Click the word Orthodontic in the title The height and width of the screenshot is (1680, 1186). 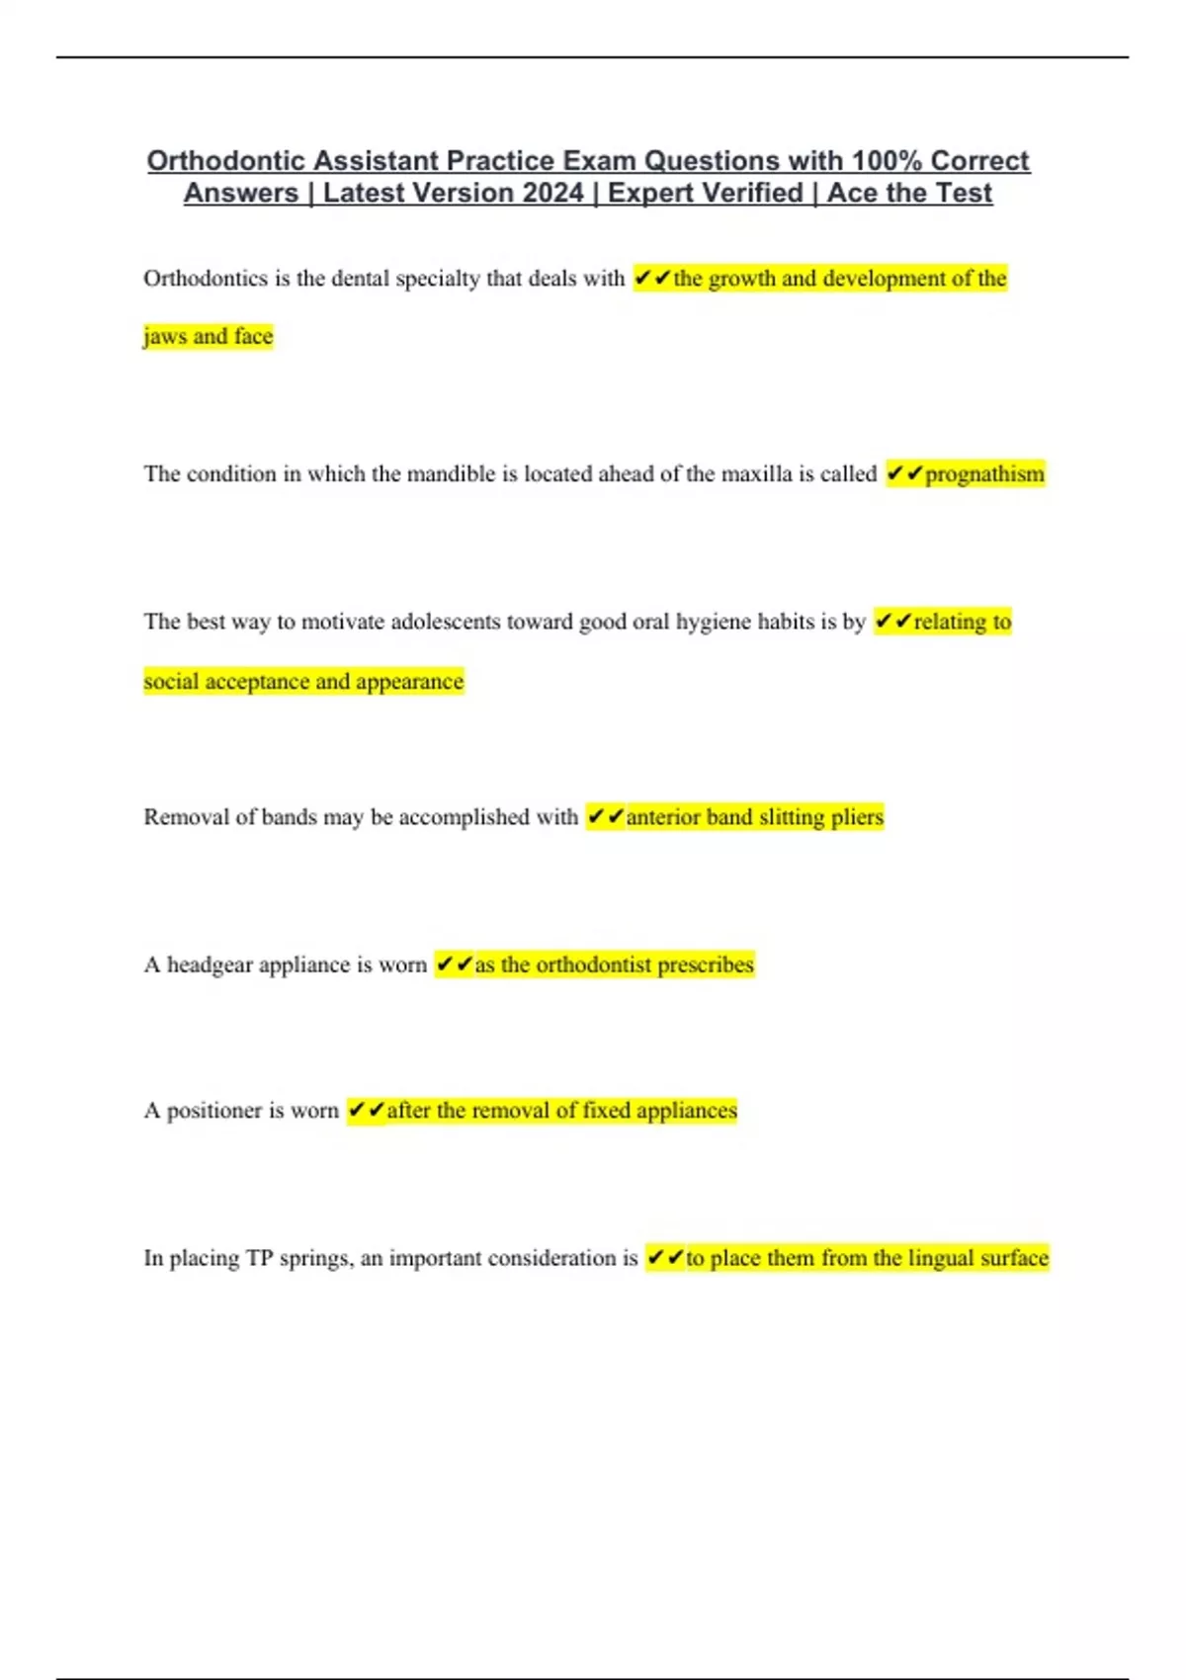pyautogui.click(x=226, y=161)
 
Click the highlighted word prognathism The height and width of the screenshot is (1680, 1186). pyautogui.click(x=984, y=474)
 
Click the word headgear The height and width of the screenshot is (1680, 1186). pyautogui.click(x=210, y=965)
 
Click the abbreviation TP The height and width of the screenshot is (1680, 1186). pyautogui.click(x=259, y=1258)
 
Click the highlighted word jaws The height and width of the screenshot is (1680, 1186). pyautogui.click(x=165, y=337)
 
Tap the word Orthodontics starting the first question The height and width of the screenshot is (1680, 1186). pyautogui.click(x=206, y=279)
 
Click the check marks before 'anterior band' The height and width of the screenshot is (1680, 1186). pyautogui.click(x=606, y=817)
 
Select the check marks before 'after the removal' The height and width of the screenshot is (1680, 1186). pyautogui.click(x=367, y=1111)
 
